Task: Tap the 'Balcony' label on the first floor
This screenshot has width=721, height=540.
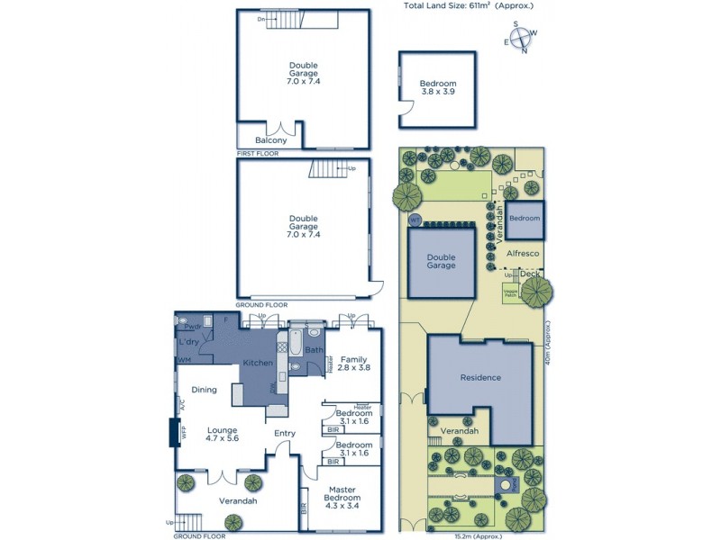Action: (271, 140)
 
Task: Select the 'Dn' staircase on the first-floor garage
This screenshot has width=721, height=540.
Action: (282, 19)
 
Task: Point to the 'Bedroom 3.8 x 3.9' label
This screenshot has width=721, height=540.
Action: (438, 88)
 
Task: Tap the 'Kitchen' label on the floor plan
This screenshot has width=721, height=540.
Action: (257, 363)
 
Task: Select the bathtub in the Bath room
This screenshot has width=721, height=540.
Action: (294, 346)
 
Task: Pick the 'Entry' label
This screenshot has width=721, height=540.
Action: (285, 434)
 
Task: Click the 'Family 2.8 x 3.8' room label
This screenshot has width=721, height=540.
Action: (353, 363)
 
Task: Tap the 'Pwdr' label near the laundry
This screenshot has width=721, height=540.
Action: (192, 328)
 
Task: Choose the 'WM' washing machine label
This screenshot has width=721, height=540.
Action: (184, 360)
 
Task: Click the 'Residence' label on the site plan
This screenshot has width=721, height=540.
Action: (479, 377)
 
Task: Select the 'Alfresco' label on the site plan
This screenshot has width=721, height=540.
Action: (522, 254)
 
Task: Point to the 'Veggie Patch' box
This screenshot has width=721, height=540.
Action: (510, 292)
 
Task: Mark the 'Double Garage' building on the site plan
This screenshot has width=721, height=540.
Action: (442, 261)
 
